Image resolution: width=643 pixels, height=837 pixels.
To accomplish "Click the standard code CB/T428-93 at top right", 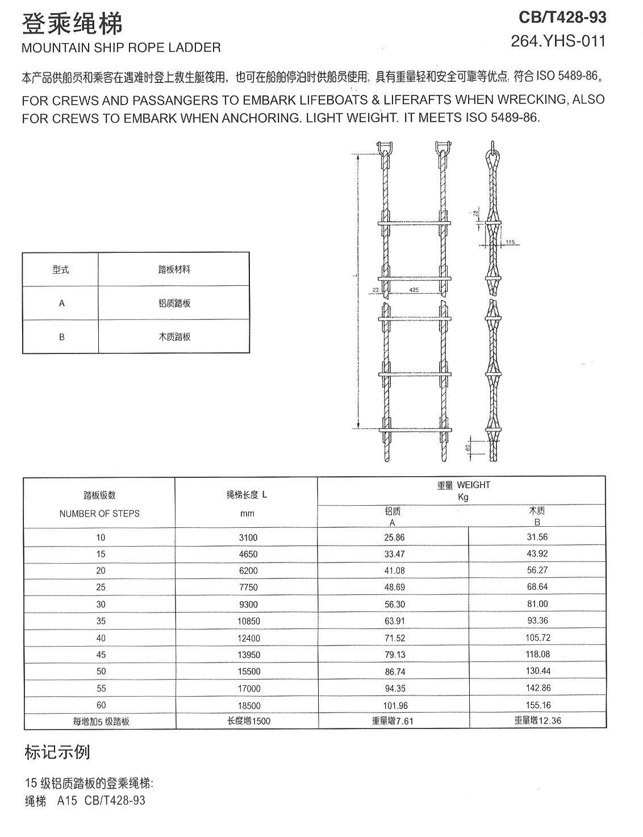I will tap(562, 18).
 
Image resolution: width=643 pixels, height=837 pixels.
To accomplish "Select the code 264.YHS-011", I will tap(558, 41).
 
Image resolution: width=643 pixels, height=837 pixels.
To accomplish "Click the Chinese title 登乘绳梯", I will tap(72, 24).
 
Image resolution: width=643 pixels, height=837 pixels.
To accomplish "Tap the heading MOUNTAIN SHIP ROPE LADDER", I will tap(121, 48).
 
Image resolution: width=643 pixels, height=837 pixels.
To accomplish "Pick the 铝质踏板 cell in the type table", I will tap(174, 303).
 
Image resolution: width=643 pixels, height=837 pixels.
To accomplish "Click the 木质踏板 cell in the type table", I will tap(174, 336).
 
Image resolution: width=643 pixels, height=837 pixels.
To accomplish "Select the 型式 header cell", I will tap(61, 269).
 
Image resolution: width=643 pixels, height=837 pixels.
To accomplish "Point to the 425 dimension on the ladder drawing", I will tap(414, 290).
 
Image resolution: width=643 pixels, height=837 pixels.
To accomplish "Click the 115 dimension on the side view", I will tap(510, 242).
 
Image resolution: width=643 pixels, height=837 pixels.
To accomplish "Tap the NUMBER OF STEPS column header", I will tap(99, 513).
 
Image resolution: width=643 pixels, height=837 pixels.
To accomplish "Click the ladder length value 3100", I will tap(248, 537).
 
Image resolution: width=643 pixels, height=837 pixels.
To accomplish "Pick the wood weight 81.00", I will tap(537, 603).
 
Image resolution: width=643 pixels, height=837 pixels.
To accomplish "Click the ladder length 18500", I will tap(249, 705).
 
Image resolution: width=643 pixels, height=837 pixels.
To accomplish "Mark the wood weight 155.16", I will tap(537, 705).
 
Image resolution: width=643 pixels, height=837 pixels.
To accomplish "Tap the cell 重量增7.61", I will tap(393, 721).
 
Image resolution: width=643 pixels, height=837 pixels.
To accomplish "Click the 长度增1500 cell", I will tap(249, 721).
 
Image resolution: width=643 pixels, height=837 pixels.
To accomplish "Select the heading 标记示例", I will tap(57, 752).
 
